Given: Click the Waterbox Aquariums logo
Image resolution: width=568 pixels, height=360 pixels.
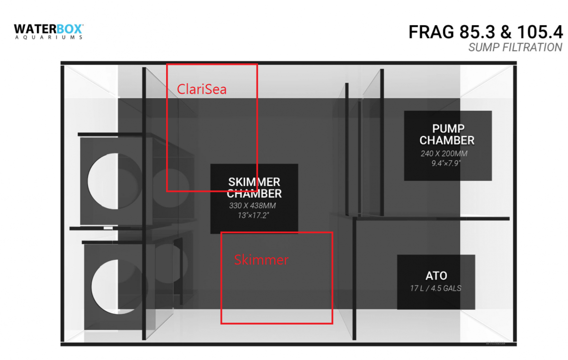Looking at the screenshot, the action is coord(49,32).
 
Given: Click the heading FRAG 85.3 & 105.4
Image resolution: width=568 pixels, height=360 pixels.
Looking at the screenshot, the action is coord(485,32).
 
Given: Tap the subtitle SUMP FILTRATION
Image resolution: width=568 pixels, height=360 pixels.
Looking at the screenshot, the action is coord(515,47).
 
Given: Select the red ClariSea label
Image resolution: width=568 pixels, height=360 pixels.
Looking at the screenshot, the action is coord(202,89).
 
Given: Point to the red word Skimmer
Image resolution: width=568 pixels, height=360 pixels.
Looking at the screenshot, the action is coord(261,260).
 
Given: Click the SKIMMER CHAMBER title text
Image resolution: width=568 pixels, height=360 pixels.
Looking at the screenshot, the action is coord(254,188).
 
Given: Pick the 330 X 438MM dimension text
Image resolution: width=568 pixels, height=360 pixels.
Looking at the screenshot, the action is coord(252,205).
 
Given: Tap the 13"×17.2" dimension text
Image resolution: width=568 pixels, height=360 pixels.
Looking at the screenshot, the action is coord(253,215).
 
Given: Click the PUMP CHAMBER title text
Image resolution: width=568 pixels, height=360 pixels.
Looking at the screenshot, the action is coord(447,134).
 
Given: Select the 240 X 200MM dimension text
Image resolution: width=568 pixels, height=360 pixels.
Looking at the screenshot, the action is coord(444,154).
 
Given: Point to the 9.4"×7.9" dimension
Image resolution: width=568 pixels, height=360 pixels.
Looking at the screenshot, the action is coord(446,163).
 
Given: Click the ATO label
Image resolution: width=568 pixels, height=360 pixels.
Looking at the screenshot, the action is coord(436,276).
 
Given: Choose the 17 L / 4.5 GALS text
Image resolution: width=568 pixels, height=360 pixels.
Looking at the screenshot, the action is coord(435,288).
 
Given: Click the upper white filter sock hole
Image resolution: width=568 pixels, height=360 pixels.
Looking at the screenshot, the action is coord(103,181).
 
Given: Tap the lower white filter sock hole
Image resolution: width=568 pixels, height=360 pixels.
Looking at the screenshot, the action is coord(105,287).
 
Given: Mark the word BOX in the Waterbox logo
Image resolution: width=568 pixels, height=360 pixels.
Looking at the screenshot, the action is coord(69,29).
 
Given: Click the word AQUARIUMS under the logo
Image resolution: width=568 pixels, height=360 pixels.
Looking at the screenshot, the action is coord(49,37).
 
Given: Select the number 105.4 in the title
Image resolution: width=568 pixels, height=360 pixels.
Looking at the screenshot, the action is coord(540,32).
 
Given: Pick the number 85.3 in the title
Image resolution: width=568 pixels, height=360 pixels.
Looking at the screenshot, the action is coord(477,32).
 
